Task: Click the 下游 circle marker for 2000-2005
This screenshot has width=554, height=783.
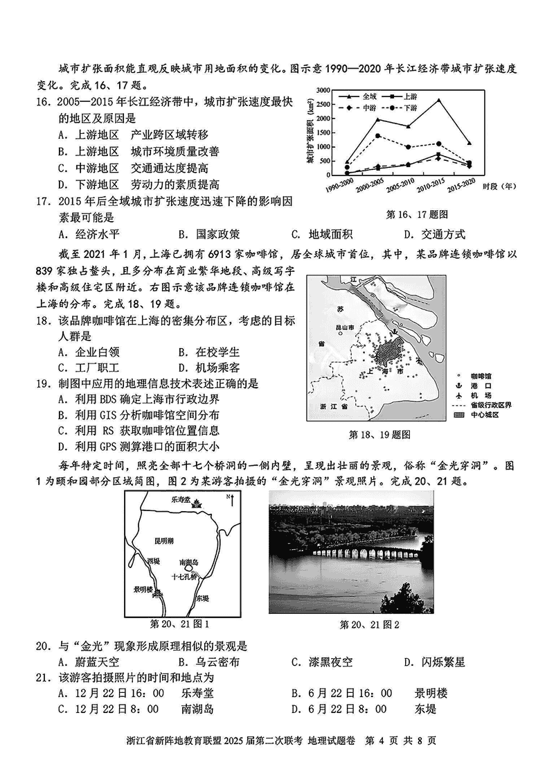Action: pyautogui.click(x=377, y=136)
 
